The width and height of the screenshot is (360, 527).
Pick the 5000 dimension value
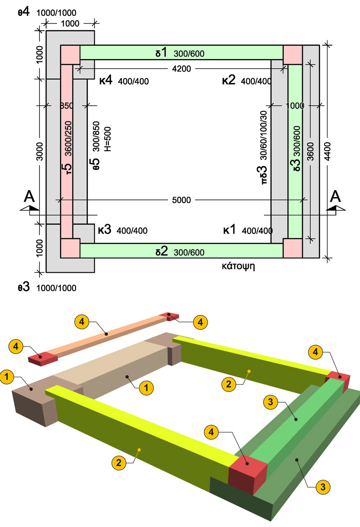tap(181, 200)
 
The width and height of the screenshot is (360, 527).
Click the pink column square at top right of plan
tap(292, 54)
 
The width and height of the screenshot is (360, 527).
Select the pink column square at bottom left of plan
tap(70, 248)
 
